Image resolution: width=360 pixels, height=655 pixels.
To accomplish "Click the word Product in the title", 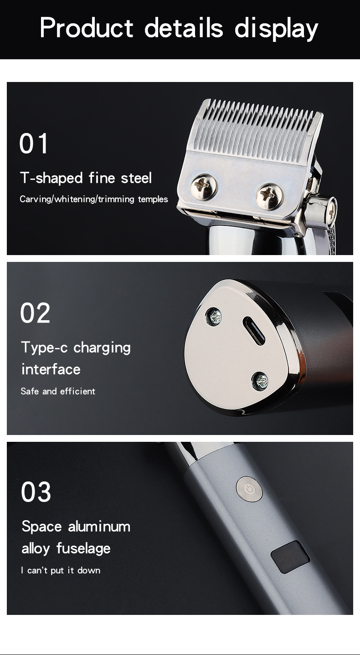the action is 87,27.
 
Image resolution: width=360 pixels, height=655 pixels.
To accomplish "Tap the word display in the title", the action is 276,29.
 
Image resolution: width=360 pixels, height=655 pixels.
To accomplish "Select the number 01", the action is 33,143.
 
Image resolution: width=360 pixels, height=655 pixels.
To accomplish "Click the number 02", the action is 35,313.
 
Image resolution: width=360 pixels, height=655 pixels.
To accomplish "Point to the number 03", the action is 36,492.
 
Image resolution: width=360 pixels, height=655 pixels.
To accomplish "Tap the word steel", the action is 136,178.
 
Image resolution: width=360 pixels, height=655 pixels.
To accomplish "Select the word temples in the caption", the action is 153,200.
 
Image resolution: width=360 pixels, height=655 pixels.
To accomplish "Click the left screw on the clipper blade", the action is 204,187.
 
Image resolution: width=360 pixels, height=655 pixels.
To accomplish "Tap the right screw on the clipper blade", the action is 269,197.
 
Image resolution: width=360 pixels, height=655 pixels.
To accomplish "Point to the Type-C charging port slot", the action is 254,331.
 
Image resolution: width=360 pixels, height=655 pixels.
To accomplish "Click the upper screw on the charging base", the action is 214,317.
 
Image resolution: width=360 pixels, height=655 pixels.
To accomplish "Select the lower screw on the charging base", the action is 260,381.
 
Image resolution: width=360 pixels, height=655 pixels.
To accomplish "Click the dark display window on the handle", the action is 290,557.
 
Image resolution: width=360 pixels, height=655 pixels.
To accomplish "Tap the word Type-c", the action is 45,348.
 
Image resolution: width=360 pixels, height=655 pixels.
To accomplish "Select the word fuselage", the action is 83,548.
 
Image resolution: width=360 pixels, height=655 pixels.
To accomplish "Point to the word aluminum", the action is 99,527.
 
